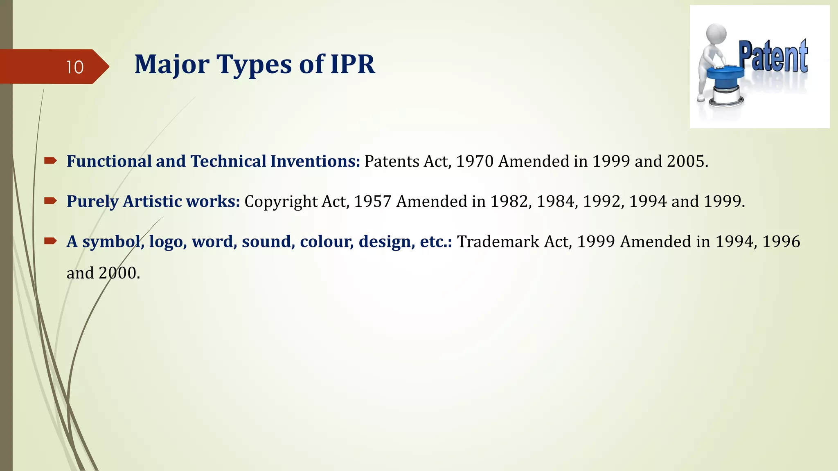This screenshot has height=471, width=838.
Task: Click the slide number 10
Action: (74, 67)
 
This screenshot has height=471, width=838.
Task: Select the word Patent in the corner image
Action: (773, 57)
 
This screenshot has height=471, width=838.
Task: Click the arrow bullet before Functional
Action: (50, 161)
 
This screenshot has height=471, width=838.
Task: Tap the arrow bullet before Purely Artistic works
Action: (50, 201)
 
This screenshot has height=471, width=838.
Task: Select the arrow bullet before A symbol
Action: (50, 241)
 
